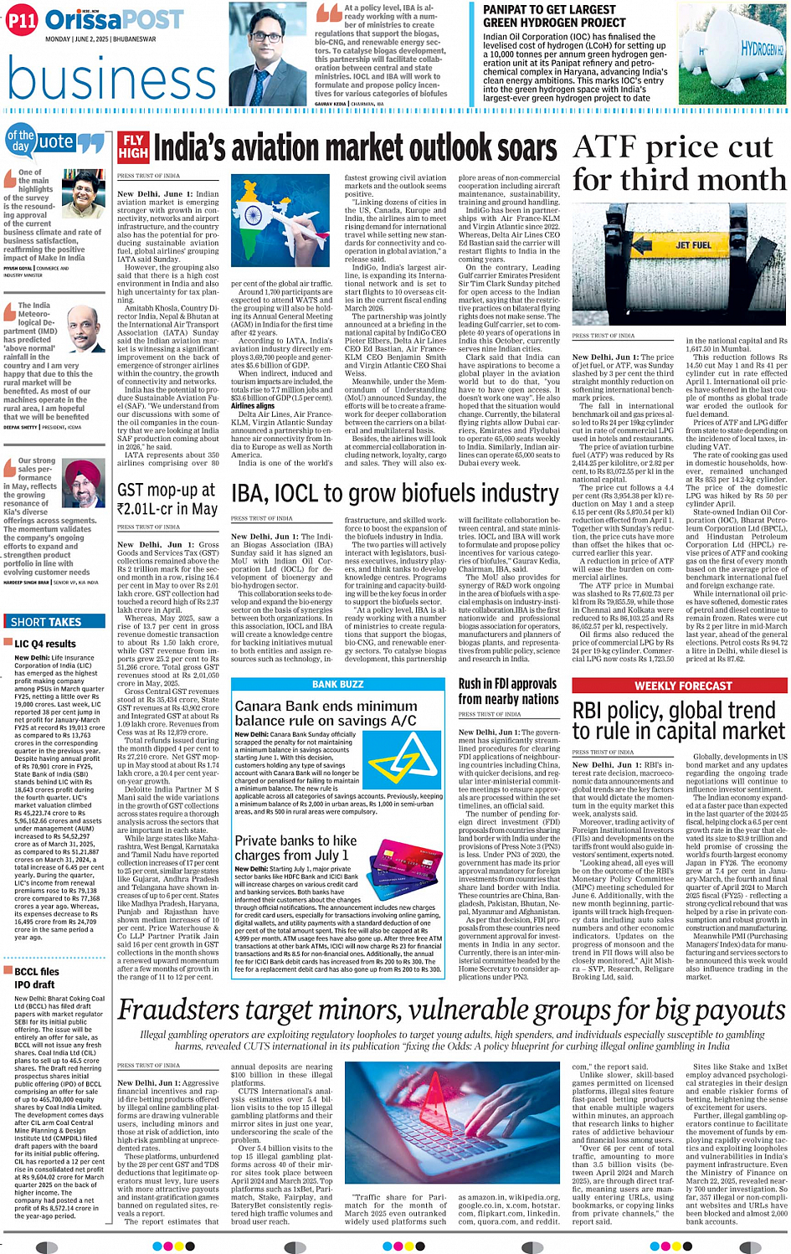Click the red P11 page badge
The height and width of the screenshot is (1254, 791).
click(x=21, y=22)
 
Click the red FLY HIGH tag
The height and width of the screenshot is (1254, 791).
click(x=132, y=146)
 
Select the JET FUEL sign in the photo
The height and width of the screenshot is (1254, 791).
click(x=693, y=245)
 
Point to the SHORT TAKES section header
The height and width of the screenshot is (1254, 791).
click(x=46, y=622)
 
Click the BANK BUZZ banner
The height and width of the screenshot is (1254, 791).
click(x=337, y=684)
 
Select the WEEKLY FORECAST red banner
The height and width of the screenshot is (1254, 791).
click(x=678, y=686)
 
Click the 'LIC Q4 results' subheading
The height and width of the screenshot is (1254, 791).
click(x=45, y=644)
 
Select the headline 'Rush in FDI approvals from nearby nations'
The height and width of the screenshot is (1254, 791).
click(x=508, y=691)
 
